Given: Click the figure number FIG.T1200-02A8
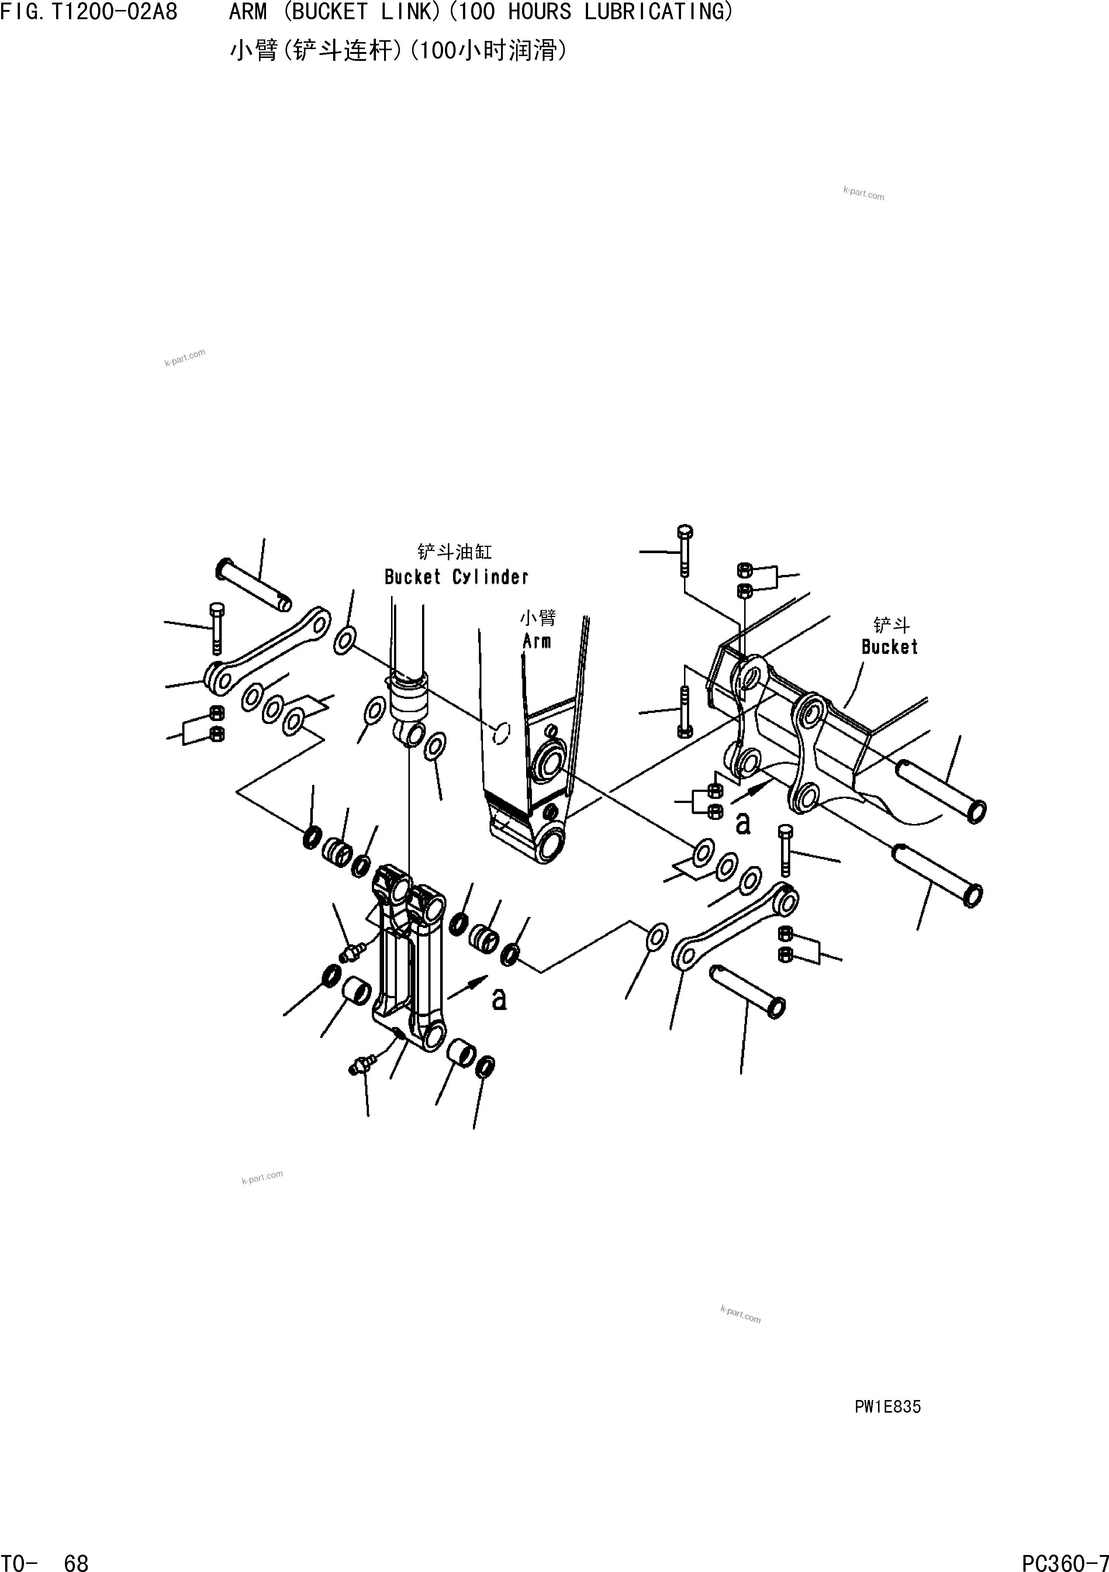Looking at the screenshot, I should [x=89, y=12].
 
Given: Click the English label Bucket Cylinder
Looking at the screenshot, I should [x=456, y=577].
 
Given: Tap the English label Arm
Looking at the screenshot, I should [x=537, y=642].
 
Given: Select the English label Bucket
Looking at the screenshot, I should [x=889, y=647].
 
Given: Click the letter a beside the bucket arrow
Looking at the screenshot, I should [x=743, y=824].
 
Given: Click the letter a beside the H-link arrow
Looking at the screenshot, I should [x=500, y=999].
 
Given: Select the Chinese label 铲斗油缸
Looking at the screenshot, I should [x=455, y=552].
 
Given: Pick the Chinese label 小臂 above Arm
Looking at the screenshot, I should [x=538, y=618].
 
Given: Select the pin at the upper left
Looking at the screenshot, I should [x=253, y=585].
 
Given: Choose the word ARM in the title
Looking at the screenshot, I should [x=248, y=12].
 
